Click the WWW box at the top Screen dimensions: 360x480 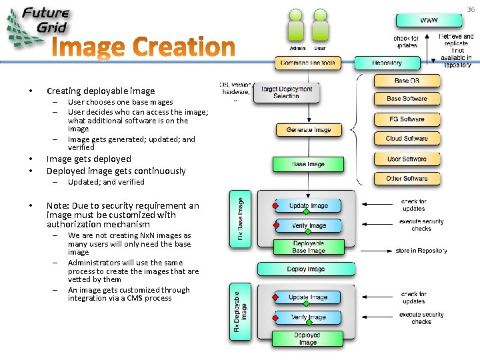coord(429,20)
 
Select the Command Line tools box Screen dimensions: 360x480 coord(307,63)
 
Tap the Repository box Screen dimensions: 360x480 coord(387,63)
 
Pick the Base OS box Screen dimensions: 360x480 coord(407,81)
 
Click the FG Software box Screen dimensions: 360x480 coord(407,119)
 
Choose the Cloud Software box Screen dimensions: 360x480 coord(407,139)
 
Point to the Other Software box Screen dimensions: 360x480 coord(407,179)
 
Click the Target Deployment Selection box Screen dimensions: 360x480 coord(286,93)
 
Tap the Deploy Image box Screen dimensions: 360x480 coord(306,269)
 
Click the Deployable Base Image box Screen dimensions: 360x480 coord(307,247)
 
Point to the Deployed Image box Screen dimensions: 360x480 coord(307,339)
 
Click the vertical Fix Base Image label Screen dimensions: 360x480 coord(240,219)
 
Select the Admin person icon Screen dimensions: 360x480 coord(297,30)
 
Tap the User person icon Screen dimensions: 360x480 coord(320,30)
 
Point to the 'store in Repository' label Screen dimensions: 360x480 coord(421,251)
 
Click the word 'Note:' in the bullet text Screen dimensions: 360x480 coord(57,205)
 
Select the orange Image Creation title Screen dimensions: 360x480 coord(143,48)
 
